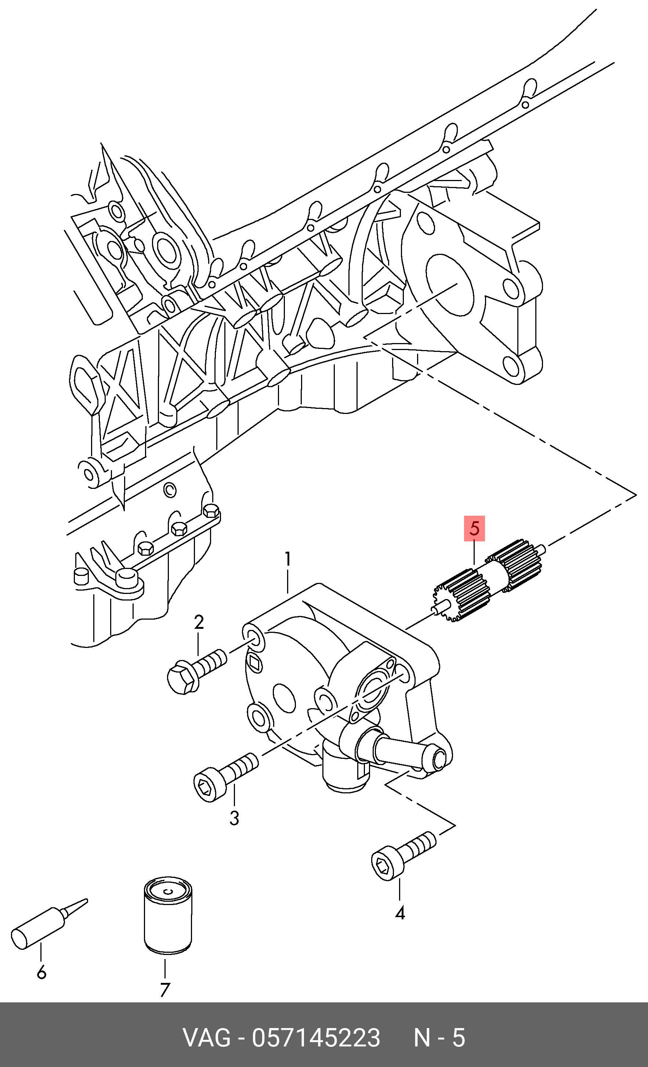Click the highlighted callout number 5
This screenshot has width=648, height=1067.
(474, 529)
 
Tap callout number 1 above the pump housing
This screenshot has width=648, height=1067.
(288, 559)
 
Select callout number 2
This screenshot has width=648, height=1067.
(199, 622)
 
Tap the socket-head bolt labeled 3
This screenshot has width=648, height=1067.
(225, 776)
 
